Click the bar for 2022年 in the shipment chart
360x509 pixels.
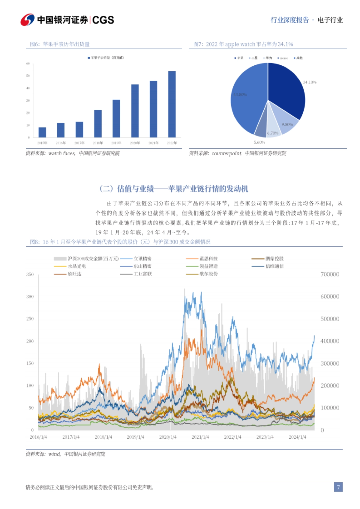point(172,104)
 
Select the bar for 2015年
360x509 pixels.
point(42,132)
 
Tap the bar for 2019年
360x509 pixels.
point(116,118)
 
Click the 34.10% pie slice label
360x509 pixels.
point(310,82)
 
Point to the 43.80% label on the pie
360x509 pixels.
point(240,95)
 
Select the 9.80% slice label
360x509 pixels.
point(287,124)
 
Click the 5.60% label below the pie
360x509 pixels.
point(259,142)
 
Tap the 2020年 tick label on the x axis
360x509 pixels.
point(135,143)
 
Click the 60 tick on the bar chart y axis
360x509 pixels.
point(28,64)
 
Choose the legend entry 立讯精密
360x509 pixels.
point(142,258)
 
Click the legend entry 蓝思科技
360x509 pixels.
point(208,258)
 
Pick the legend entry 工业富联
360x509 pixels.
point(142,274)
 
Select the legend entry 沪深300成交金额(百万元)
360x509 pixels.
point(93,258)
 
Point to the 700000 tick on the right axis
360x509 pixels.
point(330,274)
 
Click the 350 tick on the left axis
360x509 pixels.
point(30,274)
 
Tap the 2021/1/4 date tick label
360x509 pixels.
point(200,437)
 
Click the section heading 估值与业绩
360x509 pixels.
point(135,189)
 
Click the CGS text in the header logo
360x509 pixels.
point(103,20)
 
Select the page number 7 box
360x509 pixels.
point(338,487)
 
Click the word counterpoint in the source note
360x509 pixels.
point(226,153)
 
